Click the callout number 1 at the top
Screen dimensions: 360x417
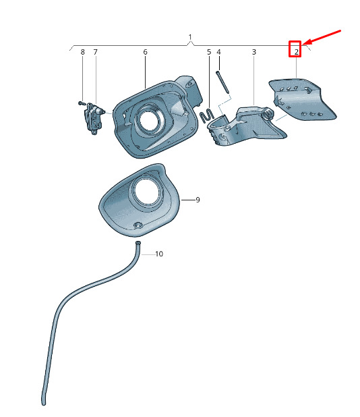pyautogui.click(x=190, y=36)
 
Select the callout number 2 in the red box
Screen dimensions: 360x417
pyautogui.click(x=296, y=52)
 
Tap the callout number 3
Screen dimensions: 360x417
pyautogui.click(x=254, y=52)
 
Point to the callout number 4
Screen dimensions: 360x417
pyautogui.click(x=218, y=52)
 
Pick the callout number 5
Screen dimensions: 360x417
pyautogui.click(x=209, y=52)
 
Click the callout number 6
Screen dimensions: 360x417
pyautogui.click(x=145, y=52)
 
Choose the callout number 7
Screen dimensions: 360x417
pyautogui.click(x=95, y=52)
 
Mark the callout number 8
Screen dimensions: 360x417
pyautogui.click(x=83, y=52)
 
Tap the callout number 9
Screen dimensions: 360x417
pyautogui.click(x=198, y=200)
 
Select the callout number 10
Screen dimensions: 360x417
pyautogui.click(x=159, y=254)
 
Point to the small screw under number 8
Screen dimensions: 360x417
pyautogui.click(x=82, y=103)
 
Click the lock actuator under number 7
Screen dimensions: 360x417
pyautogui.click(x=94, y=119)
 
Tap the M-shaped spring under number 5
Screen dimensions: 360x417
pyautogui.click(x=207, y=115)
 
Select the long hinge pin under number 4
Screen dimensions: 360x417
pyautogui.click(x=222, y=82)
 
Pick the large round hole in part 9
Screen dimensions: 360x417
pyautogui.click(x=147, y=192)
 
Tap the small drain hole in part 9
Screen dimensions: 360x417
pyautogui.click(x=138, y=225)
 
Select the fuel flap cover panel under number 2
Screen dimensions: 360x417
pyautogui.click(x=301, y=99)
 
